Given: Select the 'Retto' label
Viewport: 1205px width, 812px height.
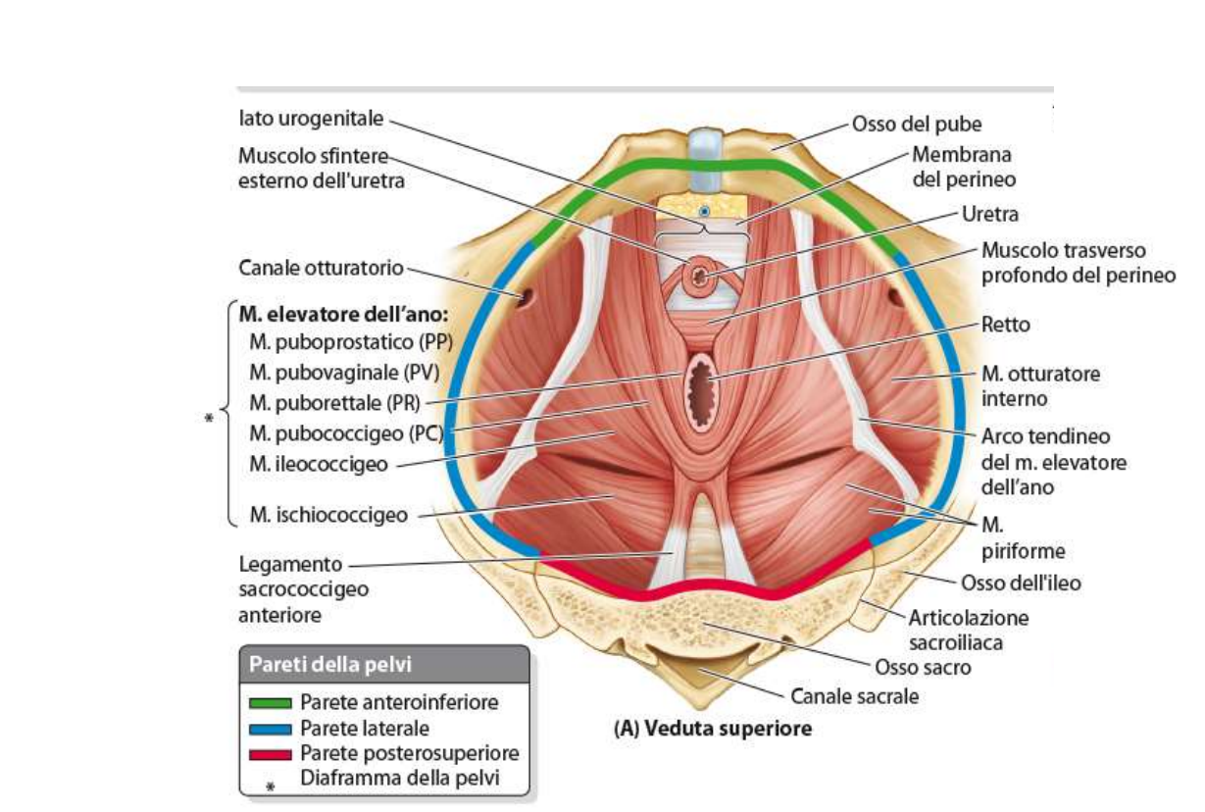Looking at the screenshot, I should (x=1006, y=325).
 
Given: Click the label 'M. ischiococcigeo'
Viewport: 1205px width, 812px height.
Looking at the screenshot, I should (x=328, y=514).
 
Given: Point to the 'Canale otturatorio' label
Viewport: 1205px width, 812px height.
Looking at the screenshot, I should (x=321, y=267).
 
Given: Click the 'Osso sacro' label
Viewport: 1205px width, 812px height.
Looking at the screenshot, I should (x=923, y=668).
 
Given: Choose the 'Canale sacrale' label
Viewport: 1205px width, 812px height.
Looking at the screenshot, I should (x=855, y=697).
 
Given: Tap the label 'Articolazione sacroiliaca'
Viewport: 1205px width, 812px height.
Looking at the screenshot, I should (x=969, y=630).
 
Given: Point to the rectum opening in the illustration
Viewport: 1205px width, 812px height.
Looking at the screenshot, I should (x=703, y=390).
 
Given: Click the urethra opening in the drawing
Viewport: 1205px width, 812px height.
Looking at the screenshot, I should (x=700, y=278).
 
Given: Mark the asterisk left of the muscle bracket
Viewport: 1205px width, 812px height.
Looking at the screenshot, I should (x=208, y=420).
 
